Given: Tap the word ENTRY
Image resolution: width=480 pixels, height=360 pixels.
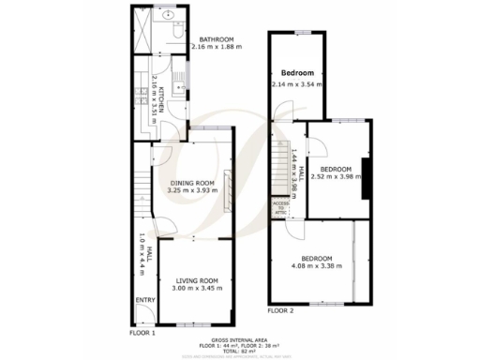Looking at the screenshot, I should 145,299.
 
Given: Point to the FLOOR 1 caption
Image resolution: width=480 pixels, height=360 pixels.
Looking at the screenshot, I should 142,332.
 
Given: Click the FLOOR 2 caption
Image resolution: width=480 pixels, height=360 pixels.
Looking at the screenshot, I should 280,310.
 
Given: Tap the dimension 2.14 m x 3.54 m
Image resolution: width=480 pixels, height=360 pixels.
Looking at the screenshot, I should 297,84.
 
